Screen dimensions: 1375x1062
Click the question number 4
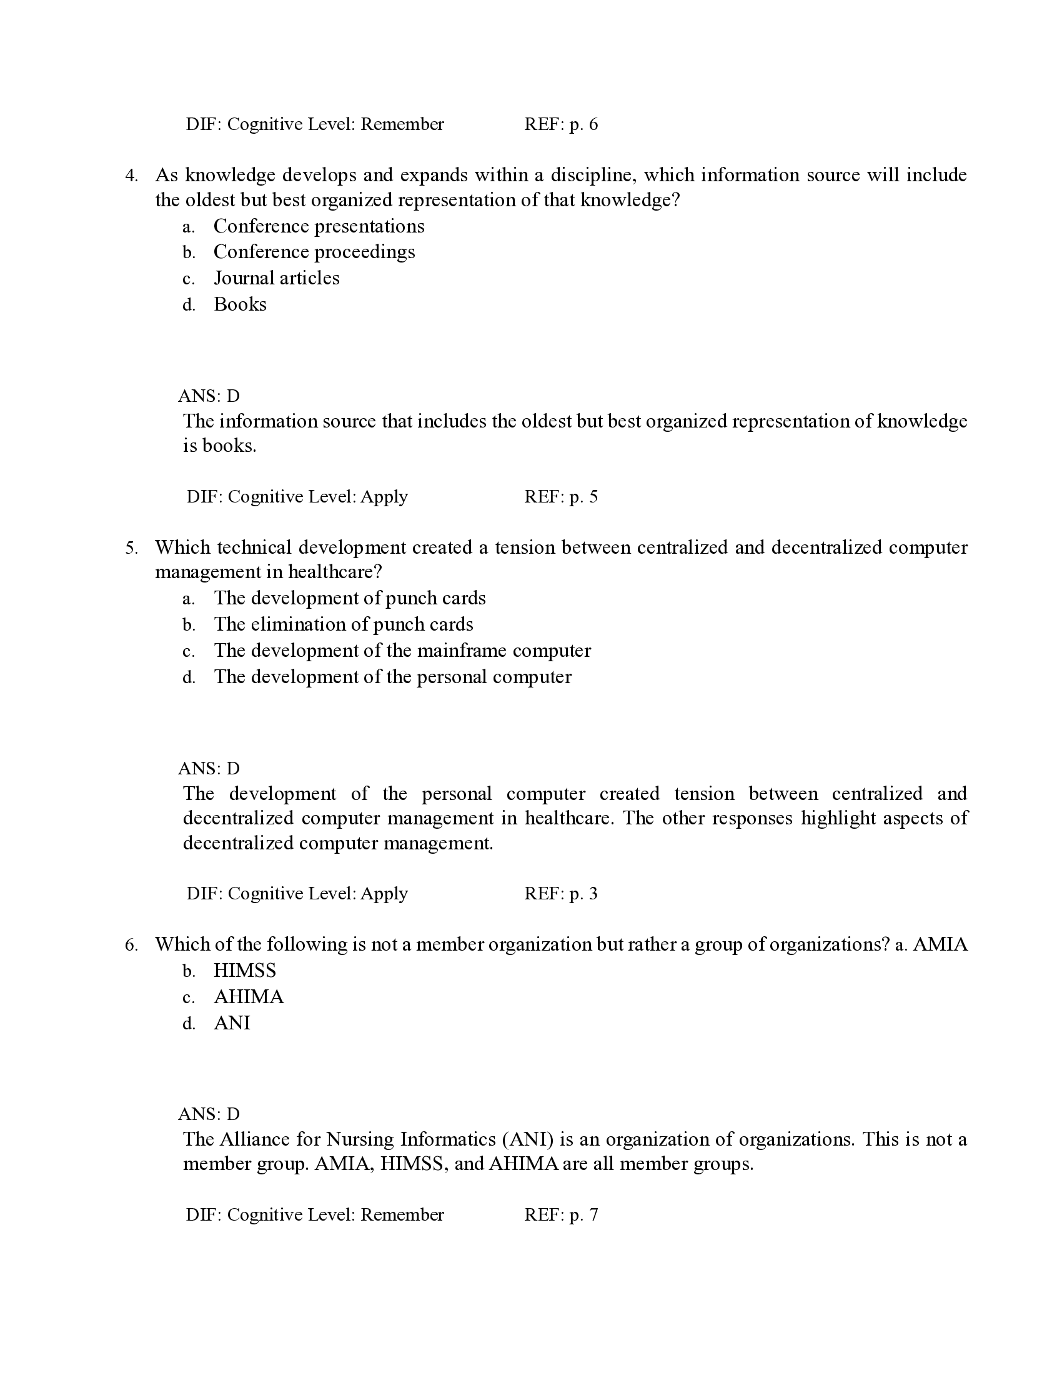click(x=131, y=176)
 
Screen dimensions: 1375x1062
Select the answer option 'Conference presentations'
click(x=319, y=226)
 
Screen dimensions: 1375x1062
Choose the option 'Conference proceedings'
click(x=314, y=252)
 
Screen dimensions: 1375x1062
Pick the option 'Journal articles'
click(x=276, y=278)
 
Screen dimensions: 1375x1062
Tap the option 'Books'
click(x=240, y=305)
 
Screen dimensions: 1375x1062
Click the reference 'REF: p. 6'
click(x=560, y=124)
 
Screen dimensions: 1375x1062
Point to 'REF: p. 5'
click(x=560, y=497)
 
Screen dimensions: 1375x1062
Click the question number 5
click(x=131, y=547)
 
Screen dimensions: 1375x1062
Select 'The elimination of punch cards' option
click(x=344, y=624)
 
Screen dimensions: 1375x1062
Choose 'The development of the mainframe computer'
click(x=402, y=651)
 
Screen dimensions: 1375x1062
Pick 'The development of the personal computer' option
click(x=392, y=677)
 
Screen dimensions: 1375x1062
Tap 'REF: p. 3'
click(x=560, y=894)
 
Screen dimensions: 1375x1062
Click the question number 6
click(x=131, y=945)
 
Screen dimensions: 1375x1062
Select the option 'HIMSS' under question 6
click(x=245, y=971)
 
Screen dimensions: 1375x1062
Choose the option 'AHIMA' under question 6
click(x=249, y=997)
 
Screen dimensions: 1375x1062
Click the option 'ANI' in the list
click(x=232, y=1023)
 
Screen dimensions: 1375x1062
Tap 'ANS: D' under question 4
click(x=209, y=396)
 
